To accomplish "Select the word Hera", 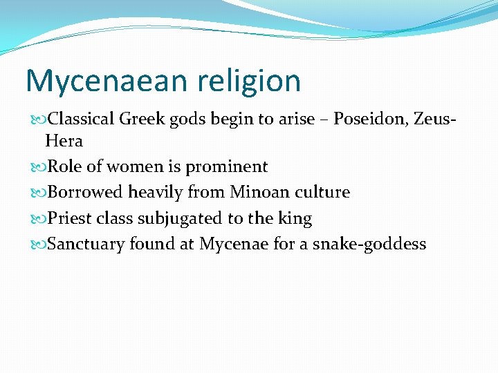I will tap(64, 142).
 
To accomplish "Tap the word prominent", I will tap(226, 167).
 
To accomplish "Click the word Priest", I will tap(69, 219).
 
